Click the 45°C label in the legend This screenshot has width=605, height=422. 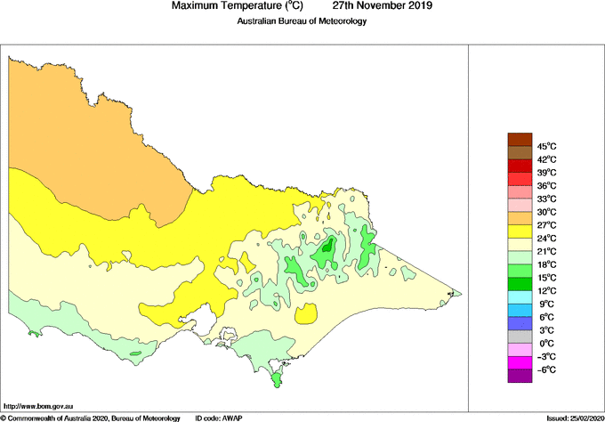pos(546,146)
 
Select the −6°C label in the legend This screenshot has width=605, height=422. pos(546,369)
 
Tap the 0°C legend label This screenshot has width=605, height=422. pos(546,344)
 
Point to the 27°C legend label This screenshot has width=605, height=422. pos(546,225)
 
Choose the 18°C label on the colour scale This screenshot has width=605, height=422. pos(546,264)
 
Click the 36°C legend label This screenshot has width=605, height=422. pos(546,185)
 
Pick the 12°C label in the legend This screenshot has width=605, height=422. pos(546,291)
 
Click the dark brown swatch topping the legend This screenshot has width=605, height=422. pos(519,139)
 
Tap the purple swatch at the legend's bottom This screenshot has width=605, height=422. pos(519,377)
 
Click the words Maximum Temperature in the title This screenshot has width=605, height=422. pos(228,6)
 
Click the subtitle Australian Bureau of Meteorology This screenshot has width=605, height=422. pos(302,21)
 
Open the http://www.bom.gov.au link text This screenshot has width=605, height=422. pos(38,406)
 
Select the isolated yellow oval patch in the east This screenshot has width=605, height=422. pos(307,314)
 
